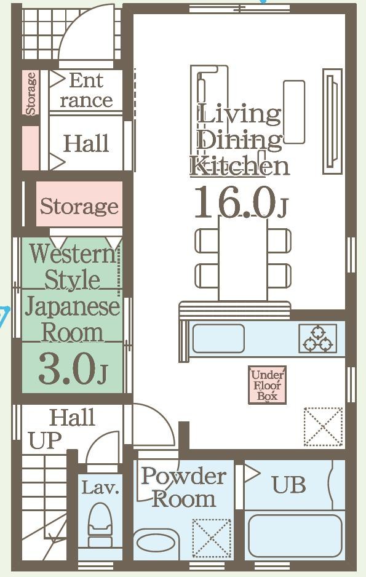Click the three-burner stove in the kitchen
click(318, 338)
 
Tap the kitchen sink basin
click(218, 338)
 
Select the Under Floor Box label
click(268, 385)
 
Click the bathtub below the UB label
click(295, 535)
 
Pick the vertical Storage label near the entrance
click(31, 94)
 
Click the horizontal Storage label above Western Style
click(79, 206)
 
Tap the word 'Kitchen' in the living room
click(240, 166)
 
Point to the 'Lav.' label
click(100, 488)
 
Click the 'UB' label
click(290, 485)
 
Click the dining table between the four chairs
click(243, 258)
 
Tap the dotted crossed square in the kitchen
click(323, 427)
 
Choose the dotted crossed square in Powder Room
click(212, 538)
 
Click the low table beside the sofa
click(294, 112)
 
